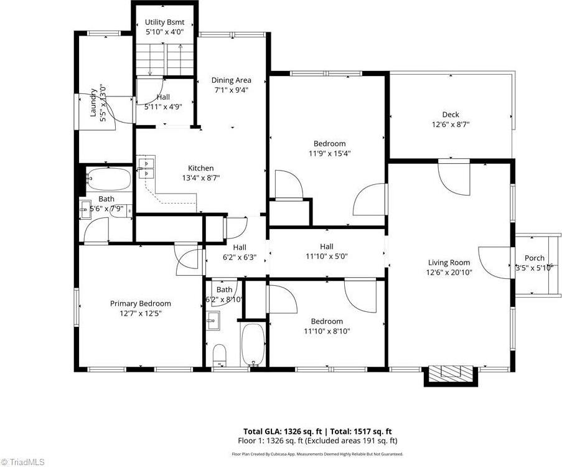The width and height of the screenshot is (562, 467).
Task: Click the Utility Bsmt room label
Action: pos(164,22)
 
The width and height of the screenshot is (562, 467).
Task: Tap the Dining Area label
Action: pos(231,80)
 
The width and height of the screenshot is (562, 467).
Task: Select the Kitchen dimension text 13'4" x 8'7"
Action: pos(201,177)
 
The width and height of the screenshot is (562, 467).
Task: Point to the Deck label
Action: pos(451,114)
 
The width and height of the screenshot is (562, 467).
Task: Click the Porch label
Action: pos(534,258)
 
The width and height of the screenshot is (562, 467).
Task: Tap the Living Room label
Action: pos(448,262)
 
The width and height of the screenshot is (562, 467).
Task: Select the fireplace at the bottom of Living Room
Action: pos(452,373)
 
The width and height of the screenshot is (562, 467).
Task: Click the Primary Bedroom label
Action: pos(140,303)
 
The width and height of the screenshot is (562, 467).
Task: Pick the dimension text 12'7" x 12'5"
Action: pos(140,313)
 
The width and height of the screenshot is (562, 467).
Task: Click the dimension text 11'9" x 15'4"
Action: pos(329,153)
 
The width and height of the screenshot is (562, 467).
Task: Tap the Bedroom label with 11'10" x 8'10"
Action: pos(327,321)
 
